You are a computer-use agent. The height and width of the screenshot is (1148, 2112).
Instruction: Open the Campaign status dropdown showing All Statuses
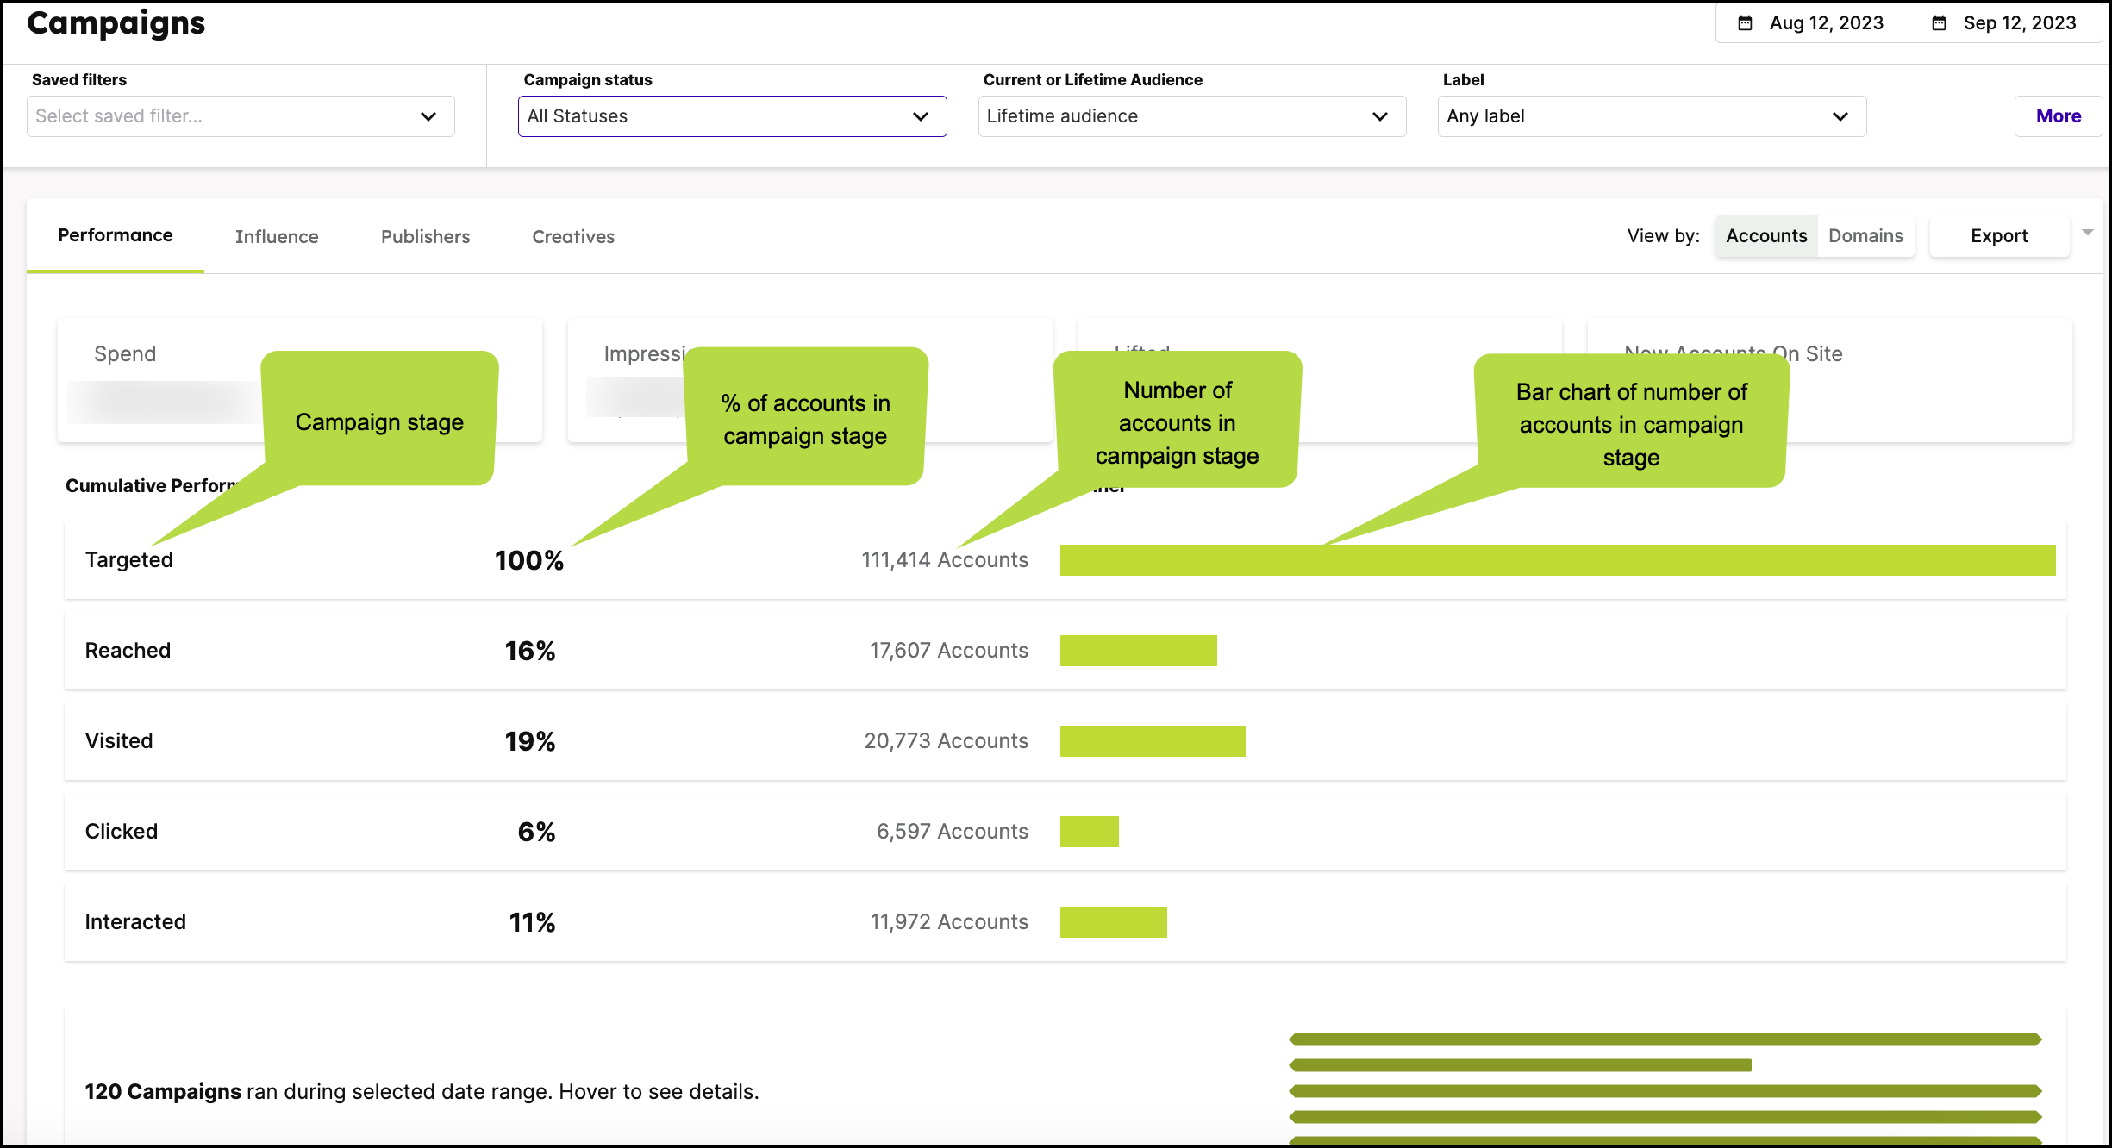pos(731,116)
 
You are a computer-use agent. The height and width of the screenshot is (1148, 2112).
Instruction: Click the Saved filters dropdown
pos(241,116)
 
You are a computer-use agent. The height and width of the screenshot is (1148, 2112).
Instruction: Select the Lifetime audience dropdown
pos(1191,116)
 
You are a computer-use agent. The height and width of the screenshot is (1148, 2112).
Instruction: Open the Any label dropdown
pos(1651,116)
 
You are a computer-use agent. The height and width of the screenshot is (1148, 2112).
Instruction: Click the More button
pos(2058,116)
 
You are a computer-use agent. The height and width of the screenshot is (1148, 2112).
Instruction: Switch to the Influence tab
pos(277,237)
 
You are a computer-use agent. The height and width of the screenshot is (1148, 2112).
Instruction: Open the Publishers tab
pos(425,237)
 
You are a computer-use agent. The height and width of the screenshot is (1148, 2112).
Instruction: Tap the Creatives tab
pos(573,237)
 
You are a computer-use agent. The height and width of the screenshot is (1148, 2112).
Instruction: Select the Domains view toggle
pos(1865,236)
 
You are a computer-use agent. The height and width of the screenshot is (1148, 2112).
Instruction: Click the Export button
pos(1998,236)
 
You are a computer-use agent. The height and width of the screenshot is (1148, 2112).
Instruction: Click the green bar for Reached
pos(1138,651)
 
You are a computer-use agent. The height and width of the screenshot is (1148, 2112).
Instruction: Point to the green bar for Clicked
pos(1089,832)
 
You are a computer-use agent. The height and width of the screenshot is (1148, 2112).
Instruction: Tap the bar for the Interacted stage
pos(1113,922)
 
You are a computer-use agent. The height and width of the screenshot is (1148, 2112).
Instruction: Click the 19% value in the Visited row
pos(529,741)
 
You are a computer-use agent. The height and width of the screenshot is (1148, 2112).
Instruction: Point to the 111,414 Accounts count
pos(944,560)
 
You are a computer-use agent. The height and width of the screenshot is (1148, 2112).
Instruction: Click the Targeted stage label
pos(129,560)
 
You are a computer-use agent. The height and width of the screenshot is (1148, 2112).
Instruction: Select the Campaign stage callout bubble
pos(379,421)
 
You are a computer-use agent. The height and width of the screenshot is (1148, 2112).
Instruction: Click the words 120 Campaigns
pos(163,1092)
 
